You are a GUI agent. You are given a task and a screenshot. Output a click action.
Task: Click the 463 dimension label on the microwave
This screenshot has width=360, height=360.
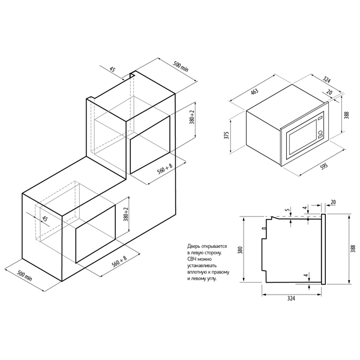click(254, 91)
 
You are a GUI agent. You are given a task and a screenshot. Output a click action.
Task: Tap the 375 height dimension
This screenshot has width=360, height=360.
click(227, 135)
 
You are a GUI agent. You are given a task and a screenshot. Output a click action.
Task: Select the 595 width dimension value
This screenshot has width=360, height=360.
click(324, 166)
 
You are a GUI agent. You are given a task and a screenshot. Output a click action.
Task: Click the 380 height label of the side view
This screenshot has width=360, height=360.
click(240, 250)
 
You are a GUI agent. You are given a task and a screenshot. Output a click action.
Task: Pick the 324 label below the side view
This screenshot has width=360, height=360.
click(290, 298)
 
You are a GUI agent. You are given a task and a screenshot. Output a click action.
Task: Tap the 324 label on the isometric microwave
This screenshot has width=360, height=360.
click(326, 80)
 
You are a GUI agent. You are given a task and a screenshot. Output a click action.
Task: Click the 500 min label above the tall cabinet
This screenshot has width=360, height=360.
click(181, 67)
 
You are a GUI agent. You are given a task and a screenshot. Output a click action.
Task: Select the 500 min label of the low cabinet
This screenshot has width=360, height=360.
click(25, 275)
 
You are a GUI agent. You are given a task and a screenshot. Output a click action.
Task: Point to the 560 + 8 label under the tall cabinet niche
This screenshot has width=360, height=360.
click(164, 170)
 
